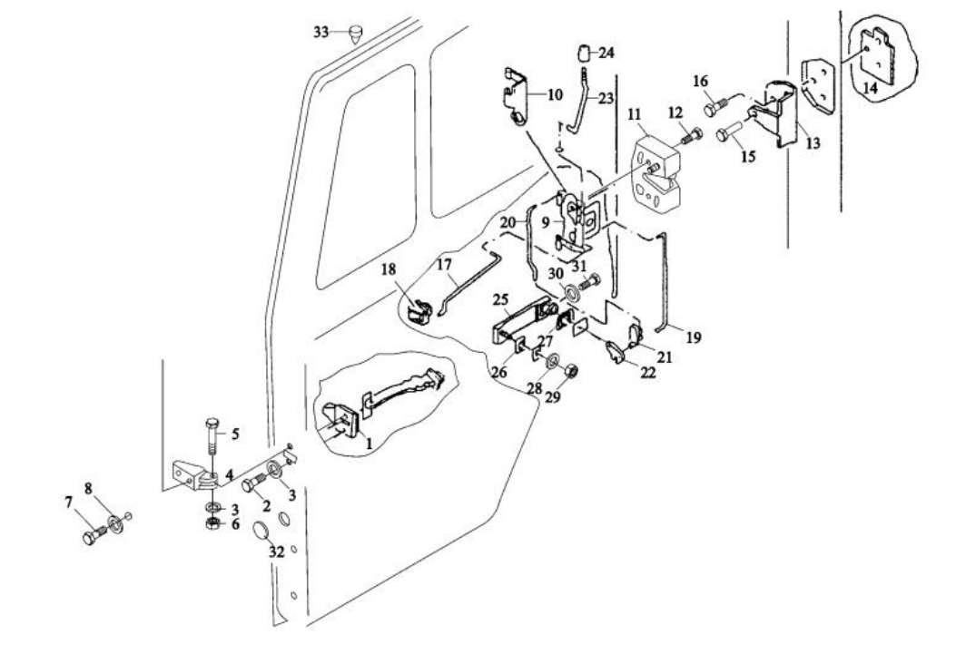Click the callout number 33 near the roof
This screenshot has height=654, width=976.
[x=320, y=31]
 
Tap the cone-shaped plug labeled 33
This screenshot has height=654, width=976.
[x=354, y=36]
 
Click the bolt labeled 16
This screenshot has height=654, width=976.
[x=713, y=108]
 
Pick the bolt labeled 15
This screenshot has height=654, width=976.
[x=725, y=134]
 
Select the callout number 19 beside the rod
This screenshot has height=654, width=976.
[x=694, y=337]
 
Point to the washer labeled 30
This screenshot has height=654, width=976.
[x=574, y=293]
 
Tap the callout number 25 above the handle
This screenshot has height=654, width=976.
[x=501, y=298]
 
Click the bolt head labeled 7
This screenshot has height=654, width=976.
[x=89, y=538]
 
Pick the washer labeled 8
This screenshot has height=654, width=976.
[x=116, y=523]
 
